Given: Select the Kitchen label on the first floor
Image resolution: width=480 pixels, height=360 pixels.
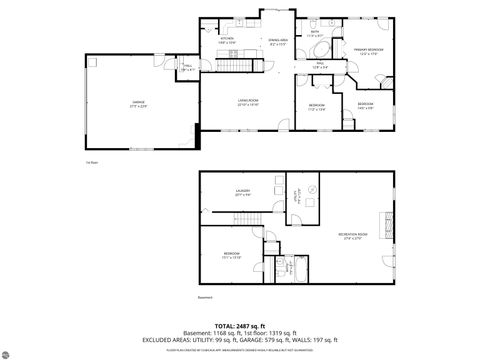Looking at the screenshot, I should pyautogui.click(x=227, y=41).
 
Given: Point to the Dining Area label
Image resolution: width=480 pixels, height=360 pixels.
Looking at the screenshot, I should pyautogui.click(x=278, y=41).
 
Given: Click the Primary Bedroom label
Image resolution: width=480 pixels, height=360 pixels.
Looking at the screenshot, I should pyautogui.click(x=369, y=51).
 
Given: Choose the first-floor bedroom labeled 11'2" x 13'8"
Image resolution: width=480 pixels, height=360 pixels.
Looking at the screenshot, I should pyautogui.click(x=316, y=106).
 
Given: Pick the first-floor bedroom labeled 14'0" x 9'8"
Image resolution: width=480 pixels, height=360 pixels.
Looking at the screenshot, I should pyautogui.click(x=366, y=105).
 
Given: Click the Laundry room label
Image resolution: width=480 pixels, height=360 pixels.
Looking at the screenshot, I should pyautogui.click(x=242, y=193).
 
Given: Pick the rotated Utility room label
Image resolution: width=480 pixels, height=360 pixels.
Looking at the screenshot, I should pyautogui.click(x=296, y=197).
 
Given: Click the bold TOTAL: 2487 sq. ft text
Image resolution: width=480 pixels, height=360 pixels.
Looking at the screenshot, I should pyautogui.click(x=240, y=327).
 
